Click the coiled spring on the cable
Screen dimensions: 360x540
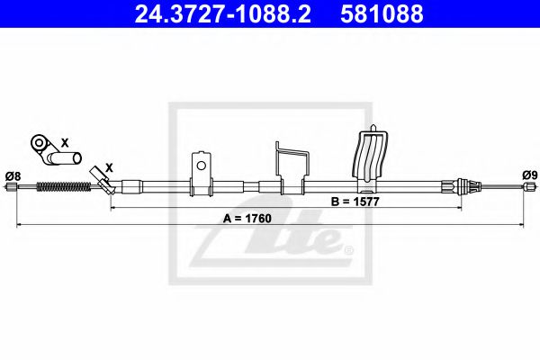coord(65,187)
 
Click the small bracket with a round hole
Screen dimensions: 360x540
coord(202,172)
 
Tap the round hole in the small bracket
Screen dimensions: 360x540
coord(202,165)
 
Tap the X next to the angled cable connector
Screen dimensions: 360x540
coord(110,167)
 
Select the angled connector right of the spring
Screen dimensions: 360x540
coord(103,184)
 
